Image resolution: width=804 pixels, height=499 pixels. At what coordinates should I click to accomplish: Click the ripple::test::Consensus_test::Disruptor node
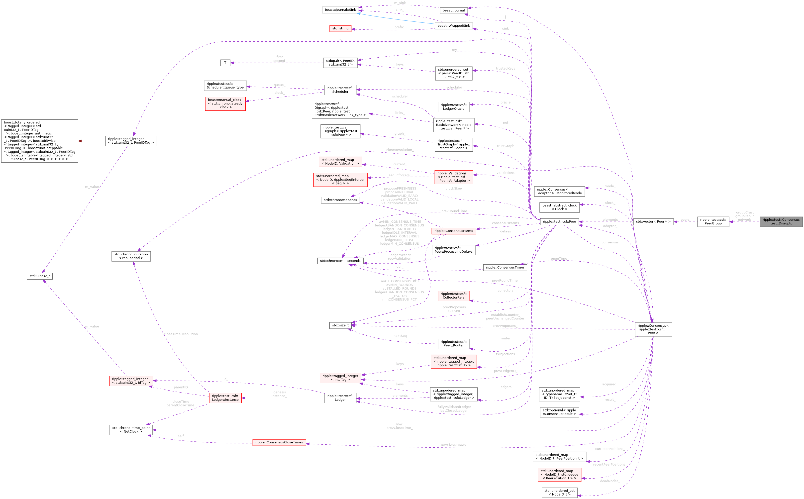(781, 221)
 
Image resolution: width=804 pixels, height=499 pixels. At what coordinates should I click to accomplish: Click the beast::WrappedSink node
(453, 26)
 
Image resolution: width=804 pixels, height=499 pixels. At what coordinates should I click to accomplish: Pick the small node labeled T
(225, 63)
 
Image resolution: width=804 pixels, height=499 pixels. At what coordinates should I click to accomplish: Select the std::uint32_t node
(39, 276)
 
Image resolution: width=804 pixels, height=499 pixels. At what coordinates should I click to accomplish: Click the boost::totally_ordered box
(40, 141)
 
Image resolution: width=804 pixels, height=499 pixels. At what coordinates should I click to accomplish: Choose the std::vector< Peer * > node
(653, 221)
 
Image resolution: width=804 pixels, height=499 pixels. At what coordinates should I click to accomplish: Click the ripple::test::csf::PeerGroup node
(713, 221)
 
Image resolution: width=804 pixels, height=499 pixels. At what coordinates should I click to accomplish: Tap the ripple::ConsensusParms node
(453, 231)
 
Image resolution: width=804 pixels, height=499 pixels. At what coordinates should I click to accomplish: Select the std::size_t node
(340, 325)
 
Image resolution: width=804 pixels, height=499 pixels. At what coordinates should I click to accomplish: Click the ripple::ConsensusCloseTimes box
(279, 442)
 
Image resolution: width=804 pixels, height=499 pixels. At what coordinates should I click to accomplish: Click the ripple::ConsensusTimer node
(505, 267)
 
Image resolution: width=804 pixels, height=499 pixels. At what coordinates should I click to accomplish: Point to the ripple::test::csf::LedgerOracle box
(453, 106)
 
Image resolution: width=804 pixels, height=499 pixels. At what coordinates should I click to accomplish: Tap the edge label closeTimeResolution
(181, 334)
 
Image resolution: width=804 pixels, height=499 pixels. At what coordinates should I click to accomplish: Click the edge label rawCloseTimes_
(453, 445)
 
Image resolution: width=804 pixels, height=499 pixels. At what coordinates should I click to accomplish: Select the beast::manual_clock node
(225, 103)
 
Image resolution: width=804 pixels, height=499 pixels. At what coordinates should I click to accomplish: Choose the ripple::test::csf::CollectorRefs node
(453, 296)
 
